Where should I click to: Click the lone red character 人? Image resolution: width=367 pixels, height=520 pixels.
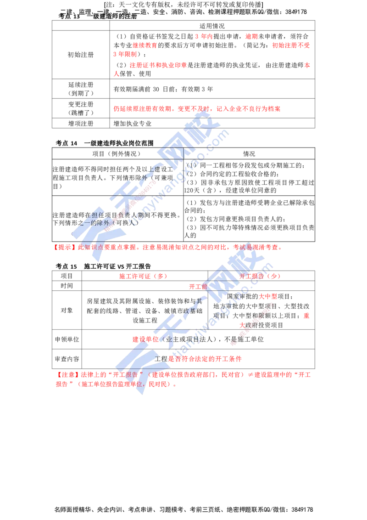(x=116, y=73)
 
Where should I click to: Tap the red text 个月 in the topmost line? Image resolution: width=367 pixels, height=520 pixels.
(x=204, y=36)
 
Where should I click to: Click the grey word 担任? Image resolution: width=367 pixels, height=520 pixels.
(x=92, y=215)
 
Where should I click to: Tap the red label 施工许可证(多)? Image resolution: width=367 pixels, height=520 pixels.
(x=143, y=276)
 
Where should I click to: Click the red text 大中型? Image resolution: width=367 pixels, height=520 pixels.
(x=268, y=297)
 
